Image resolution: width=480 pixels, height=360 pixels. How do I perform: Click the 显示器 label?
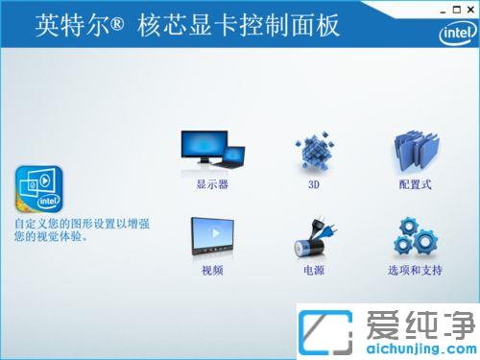coord(212,184)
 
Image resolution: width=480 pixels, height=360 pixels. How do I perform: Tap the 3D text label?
coord(313,184)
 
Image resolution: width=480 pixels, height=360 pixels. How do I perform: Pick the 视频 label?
coord(212,271)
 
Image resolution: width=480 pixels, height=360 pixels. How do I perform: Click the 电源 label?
coord(313,271)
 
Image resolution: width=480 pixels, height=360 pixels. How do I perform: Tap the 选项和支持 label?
coord(416,271)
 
